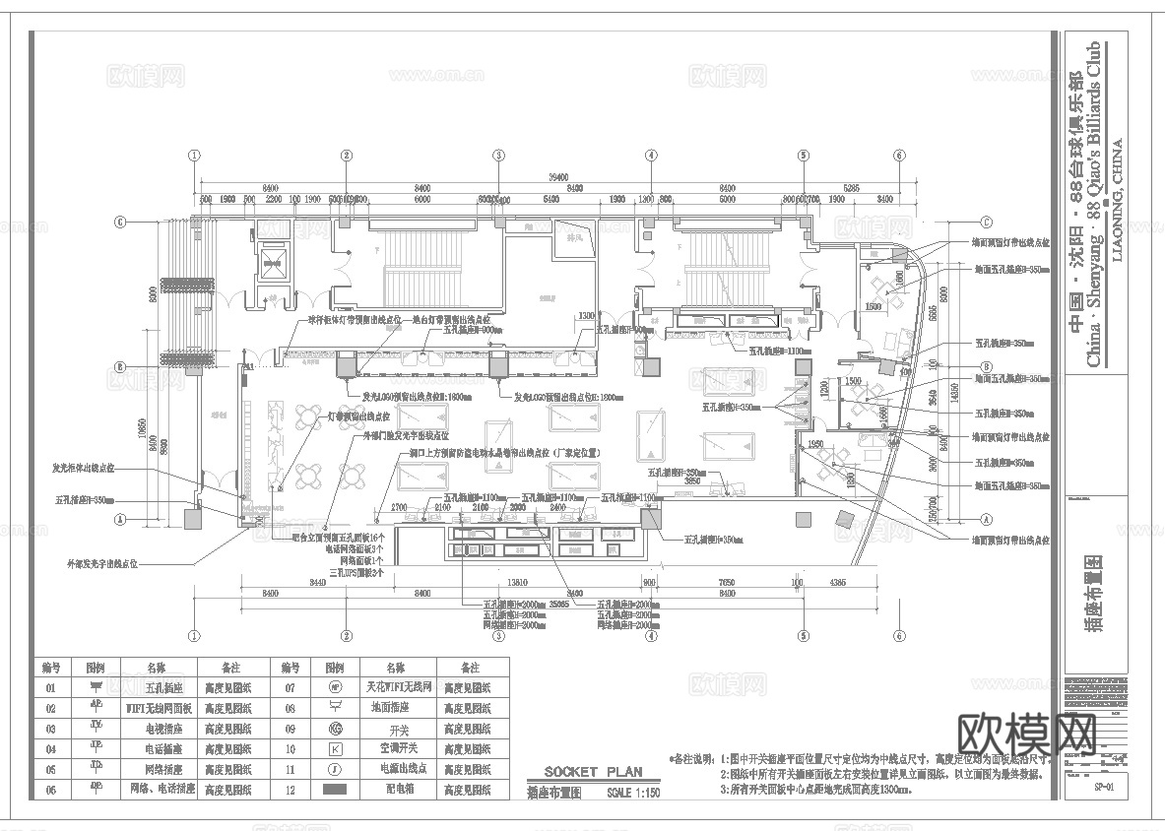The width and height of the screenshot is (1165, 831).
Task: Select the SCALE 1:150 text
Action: [x=634, y=792]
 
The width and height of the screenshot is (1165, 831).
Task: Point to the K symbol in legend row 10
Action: [x=335, y=749]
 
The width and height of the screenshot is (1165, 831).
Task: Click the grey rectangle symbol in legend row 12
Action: [x=335, y=790]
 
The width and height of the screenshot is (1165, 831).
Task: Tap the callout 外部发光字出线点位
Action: [x=101, y=565]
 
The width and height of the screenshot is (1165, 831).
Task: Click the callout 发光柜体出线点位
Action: [x=84, y=468]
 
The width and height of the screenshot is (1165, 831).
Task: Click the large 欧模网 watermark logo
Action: [x=1027, y=734]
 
